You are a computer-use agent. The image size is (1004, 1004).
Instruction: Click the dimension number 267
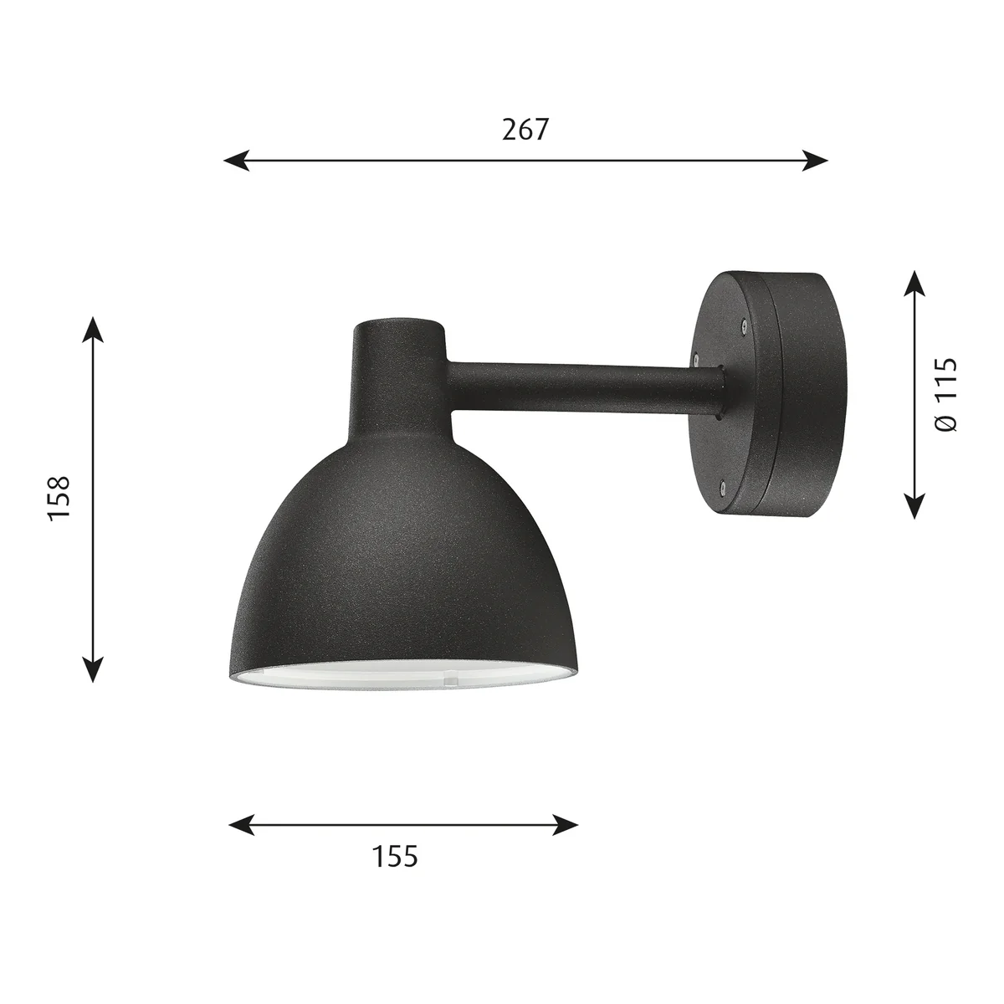point(525,130)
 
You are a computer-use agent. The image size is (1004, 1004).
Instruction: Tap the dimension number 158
point(59,496)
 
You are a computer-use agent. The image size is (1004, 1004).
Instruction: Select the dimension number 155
point(395,856)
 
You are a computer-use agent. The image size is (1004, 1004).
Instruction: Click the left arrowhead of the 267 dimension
point(235,161)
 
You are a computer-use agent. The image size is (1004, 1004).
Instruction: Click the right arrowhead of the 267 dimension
point(816,161)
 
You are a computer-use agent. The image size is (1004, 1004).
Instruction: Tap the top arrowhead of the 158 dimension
point(93,330)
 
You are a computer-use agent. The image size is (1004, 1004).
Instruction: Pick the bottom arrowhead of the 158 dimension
point(93,669)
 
